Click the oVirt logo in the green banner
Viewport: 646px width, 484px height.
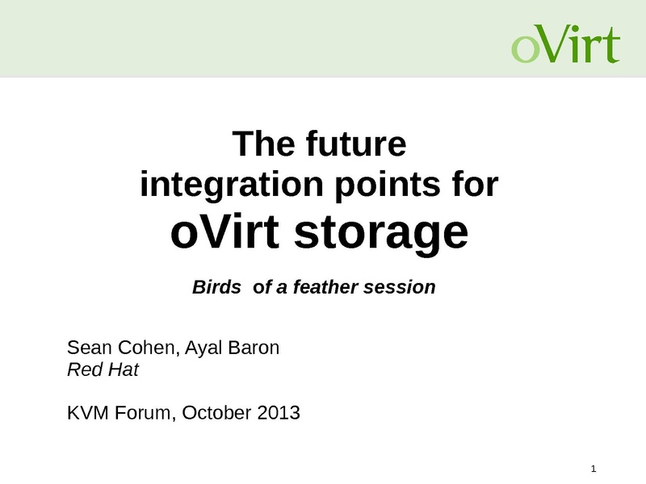click(x=566, y=44)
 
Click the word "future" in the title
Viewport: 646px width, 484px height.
click(x=356, y=144)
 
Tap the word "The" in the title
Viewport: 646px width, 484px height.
click(x=264, y=144)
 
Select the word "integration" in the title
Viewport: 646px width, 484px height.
click(x=232, y=185)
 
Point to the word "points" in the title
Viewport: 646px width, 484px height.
click(x=388, y=186)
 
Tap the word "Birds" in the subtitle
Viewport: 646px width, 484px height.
click(x=216, y=287)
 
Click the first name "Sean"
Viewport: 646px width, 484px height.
click(x=90, y=348)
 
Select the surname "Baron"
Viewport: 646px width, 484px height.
click(x=254, y=348)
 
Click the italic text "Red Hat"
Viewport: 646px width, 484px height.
click(x=103, y=369)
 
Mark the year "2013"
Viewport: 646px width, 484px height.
click(x=279, y=413)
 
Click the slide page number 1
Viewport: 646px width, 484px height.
click(x=594, y=469)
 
